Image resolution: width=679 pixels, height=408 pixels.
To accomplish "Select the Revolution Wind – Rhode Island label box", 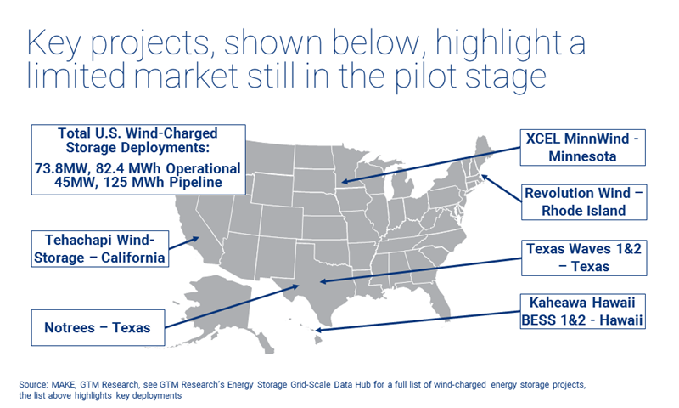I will click(584, 201).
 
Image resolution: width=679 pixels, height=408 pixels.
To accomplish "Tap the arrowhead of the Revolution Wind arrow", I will click(480, 176).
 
